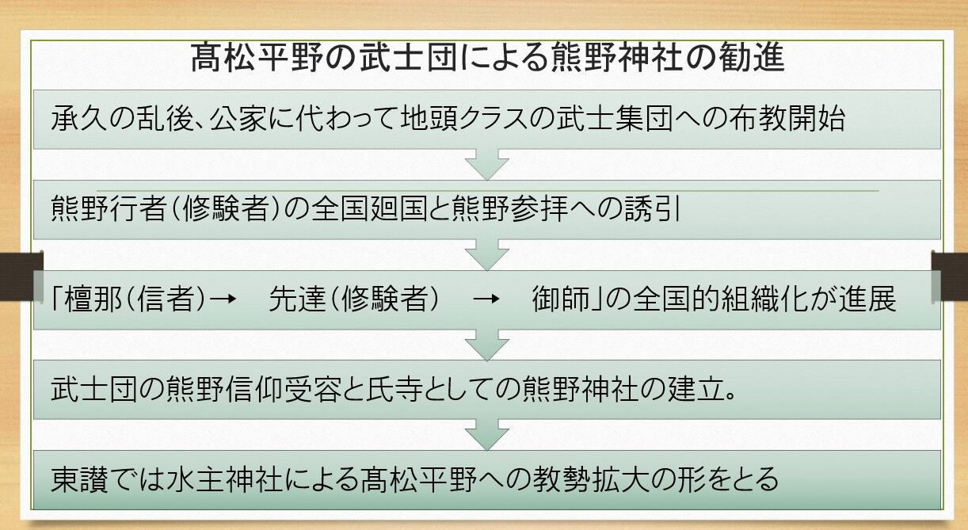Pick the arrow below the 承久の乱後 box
click(486, 164)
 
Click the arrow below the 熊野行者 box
click(486, 254)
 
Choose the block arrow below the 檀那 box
click(486, 345)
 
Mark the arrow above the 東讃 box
click(486, 435)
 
